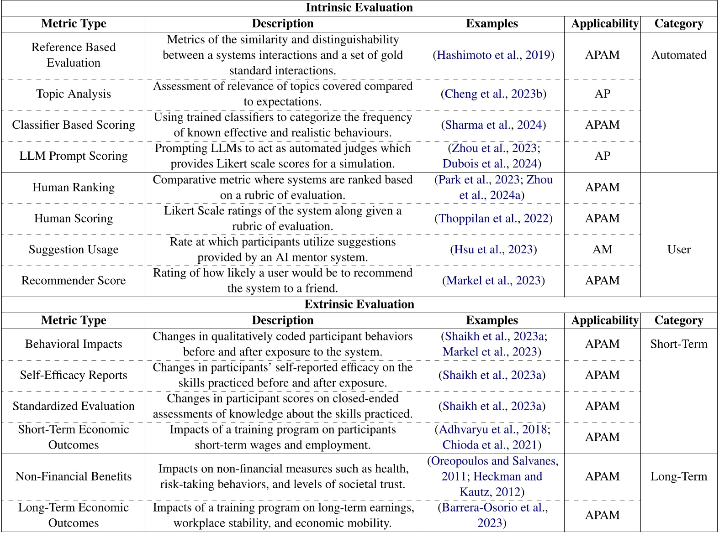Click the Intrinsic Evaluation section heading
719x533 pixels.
click(x=359, y=8)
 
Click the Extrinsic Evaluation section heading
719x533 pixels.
click(x=359, y=304)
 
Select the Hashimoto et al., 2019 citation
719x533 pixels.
click(x=493, y=55)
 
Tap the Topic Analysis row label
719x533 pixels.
click(x=74, y=94)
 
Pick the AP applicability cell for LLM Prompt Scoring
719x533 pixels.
click(x=602, y=156)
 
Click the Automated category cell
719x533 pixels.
click(x=678, y=55)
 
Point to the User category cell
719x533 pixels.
click(x=678, y=250)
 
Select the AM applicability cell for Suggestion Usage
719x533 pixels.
click(x=602, y=250)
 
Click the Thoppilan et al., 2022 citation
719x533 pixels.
click(x=493, y=219)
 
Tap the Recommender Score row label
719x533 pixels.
click(x=74, y=281)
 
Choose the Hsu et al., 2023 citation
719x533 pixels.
click(x=493, y=250)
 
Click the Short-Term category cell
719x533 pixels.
click(x=678, y=344)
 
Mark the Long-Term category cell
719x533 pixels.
click(x=678, y=477)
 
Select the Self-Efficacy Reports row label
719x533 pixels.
click(x=74, y=375)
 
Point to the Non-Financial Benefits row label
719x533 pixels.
click(x=74, y=477)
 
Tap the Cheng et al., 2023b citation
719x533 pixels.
click(x=493, y=94)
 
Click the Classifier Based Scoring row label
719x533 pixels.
click(x=74, y=125)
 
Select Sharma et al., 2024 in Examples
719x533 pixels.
click(x=493, y=125)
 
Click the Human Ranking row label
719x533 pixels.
click(x=74, y=188)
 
